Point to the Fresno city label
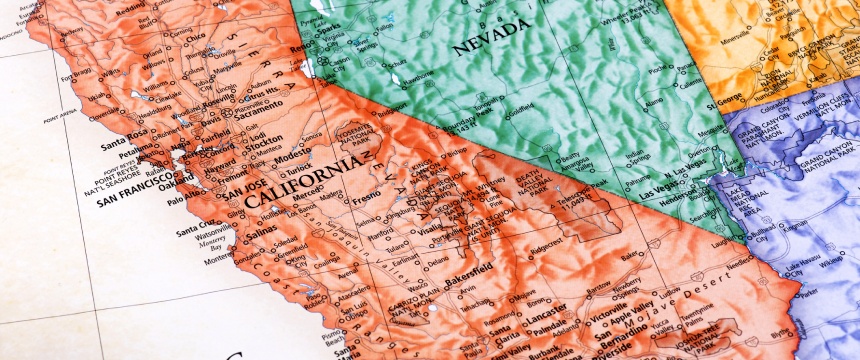[367, 203]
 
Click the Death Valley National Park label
[542, 182]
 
